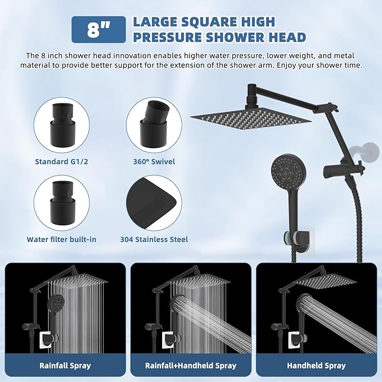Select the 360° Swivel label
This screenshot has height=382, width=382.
(151, 161)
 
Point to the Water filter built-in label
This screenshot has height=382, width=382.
(61, 239)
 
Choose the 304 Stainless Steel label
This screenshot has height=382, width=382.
(154, 239)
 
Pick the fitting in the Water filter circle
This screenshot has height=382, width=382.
(59, 199)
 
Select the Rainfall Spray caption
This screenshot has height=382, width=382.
(65, 366)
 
